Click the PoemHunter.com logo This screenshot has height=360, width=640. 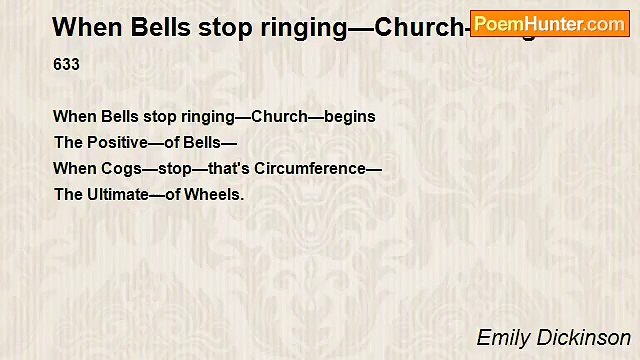tap(550, 23)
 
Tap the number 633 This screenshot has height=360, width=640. tap(66, 65)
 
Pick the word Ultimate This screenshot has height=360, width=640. tap(122, 195)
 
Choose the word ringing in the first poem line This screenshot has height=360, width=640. tap(211, 117)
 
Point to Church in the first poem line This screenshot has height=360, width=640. tap(279, 117)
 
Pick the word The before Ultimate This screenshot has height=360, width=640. tap(68, 195)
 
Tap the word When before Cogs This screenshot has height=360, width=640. tap(73, 169)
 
